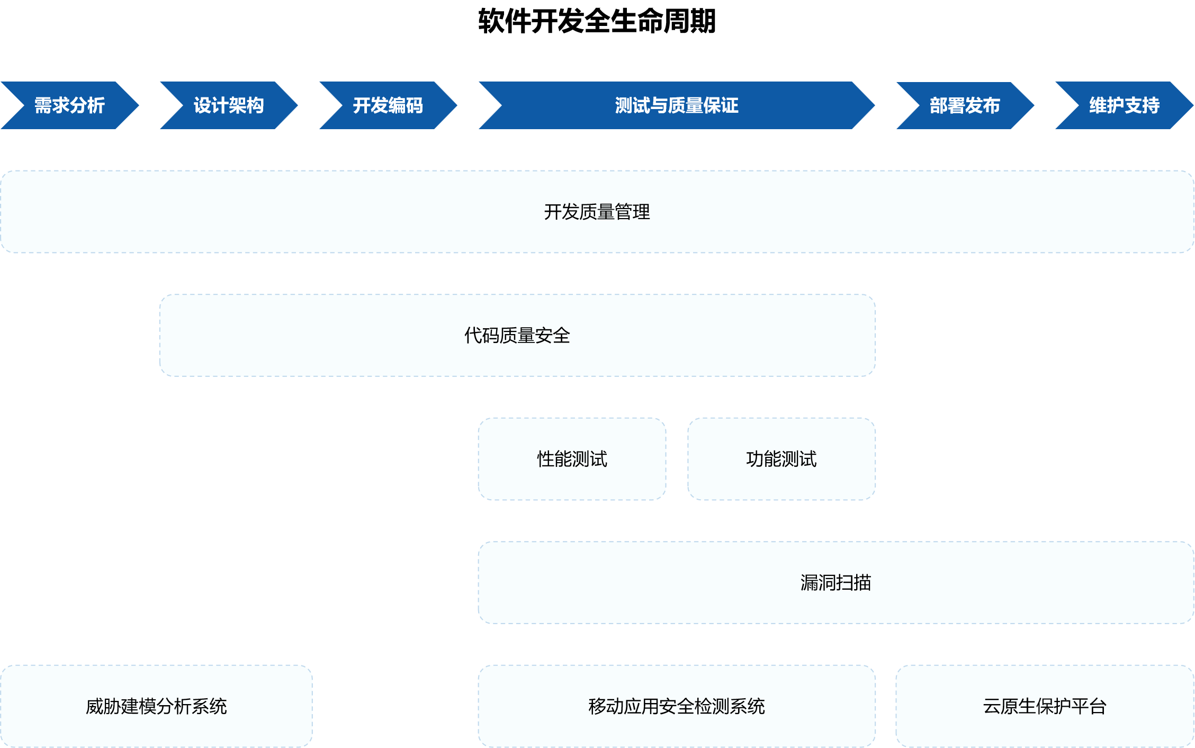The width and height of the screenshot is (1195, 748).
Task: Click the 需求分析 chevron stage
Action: (69, 105)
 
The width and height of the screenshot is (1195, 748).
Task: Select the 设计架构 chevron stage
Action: (229, 105)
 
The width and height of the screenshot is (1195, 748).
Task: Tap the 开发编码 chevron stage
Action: (388, 105)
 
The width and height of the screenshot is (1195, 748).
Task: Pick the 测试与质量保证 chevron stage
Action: (677, 105)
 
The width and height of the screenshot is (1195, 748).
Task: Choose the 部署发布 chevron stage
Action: (965, 105)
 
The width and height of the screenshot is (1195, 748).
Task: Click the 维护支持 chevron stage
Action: (1124, 105)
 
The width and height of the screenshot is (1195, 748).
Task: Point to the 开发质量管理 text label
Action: (597, 212)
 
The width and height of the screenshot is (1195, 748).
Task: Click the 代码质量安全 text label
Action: (517, 336)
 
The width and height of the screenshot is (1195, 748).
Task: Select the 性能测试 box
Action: (572, 459)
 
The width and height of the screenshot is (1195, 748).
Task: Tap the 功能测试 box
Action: (781, 459)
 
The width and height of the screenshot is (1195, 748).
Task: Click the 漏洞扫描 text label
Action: (835, 583)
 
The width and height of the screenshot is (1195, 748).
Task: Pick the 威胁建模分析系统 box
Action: (156, 706)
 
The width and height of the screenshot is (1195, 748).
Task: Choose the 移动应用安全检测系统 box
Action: (676, 706)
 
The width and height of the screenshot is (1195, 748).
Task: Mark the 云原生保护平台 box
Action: (1045, 706)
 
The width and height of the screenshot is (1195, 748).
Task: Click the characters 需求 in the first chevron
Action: (52, 105)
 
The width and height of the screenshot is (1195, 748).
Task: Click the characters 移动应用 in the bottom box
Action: (624, 706)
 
